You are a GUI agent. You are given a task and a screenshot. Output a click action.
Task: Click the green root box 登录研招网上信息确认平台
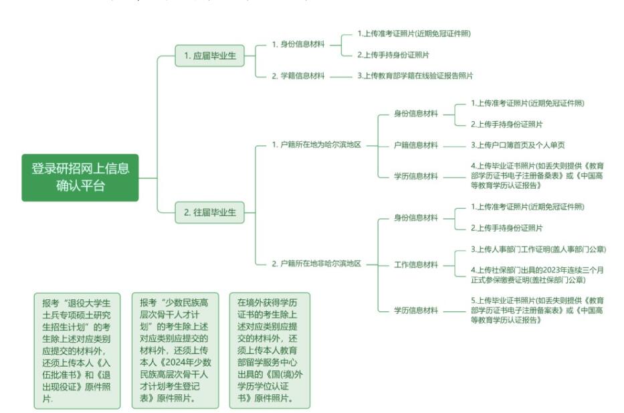tap(80, 177)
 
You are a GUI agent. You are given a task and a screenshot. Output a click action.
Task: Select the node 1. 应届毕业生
tap(210, 56)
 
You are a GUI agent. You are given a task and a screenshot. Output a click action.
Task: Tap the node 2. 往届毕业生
tap(210, 213)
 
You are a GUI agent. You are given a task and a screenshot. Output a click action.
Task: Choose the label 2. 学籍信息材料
tap(298, 76)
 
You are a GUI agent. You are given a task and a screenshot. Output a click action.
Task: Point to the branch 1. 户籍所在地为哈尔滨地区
tap(316, 145)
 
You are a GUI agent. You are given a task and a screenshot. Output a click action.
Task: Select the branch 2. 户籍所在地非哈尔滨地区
tap(316, 264)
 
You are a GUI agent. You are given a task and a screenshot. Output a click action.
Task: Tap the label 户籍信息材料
tap(416, 145)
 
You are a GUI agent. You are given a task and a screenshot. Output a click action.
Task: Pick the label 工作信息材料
tap(416, 264)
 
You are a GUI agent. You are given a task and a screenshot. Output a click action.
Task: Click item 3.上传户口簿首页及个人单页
tap(517, 145)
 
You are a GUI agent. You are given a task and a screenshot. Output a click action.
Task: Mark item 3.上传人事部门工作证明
tap(538, 250)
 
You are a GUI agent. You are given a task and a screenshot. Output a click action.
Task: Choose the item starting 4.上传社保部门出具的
tap(538, 274)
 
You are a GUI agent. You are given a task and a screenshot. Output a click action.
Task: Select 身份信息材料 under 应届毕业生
tap(298, 44)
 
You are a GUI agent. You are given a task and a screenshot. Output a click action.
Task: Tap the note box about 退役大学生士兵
tap(77, 349)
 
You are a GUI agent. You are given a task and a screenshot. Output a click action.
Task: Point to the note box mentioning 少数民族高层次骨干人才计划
tap(175, 349)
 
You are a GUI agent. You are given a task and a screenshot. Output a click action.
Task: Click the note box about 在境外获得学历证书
tap(270, 349)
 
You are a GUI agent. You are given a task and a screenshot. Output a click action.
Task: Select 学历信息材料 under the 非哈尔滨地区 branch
tap(416, 310)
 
